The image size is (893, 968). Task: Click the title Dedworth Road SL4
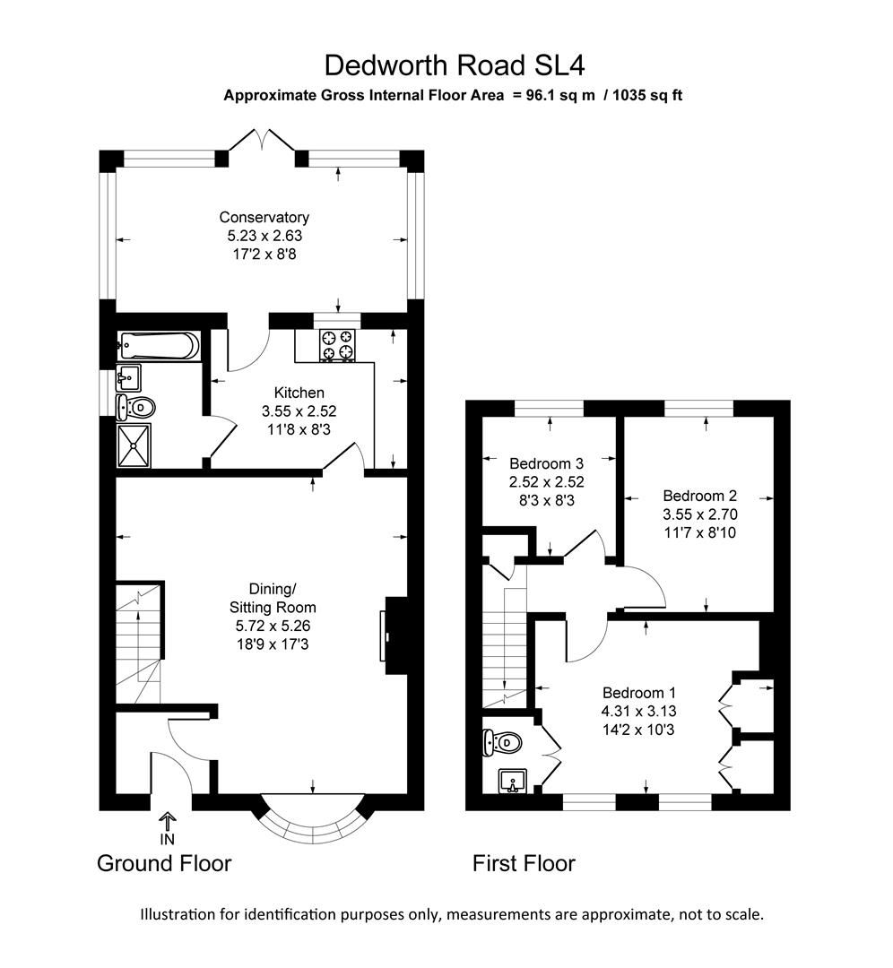point(455,65)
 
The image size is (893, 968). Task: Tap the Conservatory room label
point(264,217)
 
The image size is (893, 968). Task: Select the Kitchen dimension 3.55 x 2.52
point(299,411)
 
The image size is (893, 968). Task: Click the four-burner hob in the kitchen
point(338,346)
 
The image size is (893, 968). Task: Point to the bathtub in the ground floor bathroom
point(159,345)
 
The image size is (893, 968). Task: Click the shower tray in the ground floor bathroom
point(134,445)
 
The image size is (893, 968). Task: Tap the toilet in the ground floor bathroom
point(136,408)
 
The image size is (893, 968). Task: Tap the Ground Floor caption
point(164,864)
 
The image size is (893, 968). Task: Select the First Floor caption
point(524,864)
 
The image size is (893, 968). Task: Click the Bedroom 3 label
point(547,463)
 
